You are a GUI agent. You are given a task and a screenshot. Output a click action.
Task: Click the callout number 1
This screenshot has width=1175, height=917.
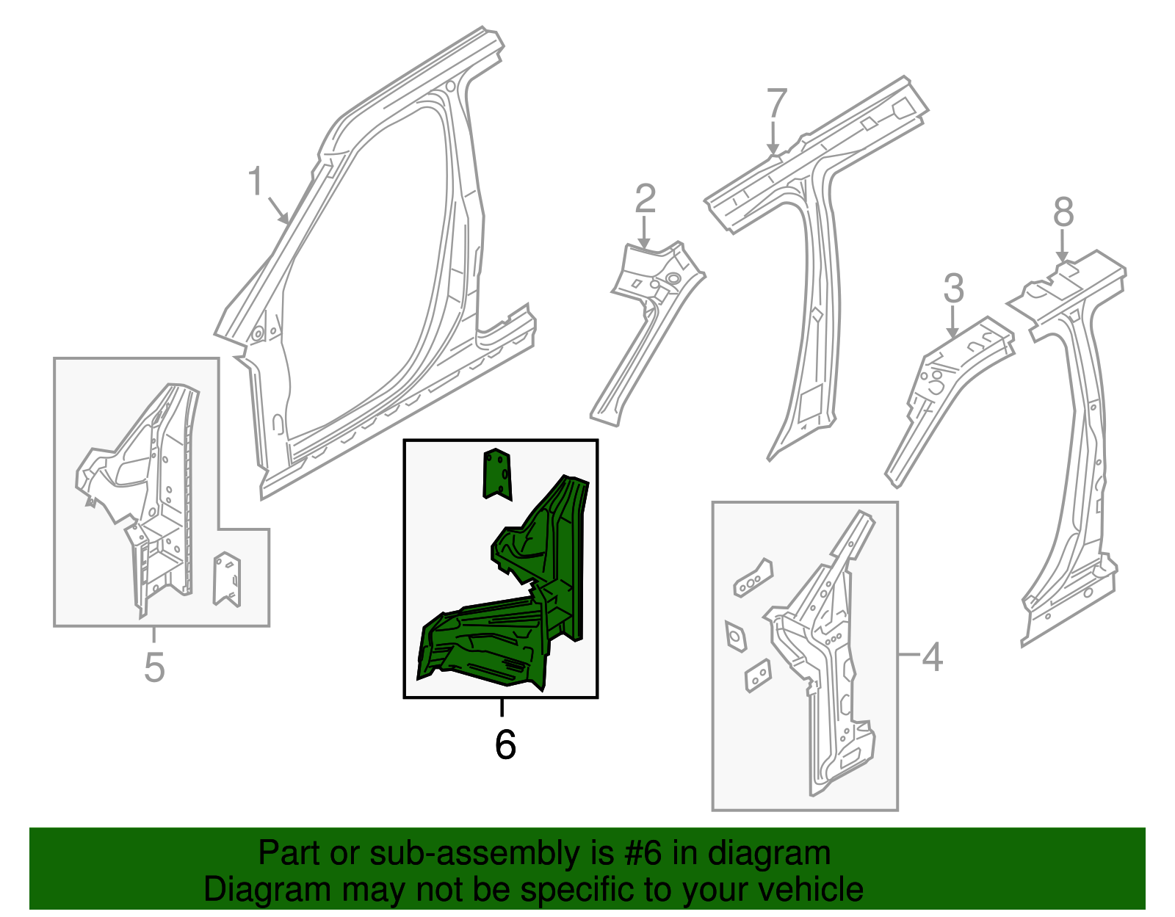click(x=255, y=181)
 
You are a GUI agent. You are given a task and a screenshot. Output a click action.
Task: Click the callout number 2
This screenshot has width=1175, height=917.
click(x=645, y=198)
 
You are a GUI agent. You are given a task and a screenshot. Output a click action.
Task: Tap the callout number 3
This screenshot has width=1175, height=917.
click(x=953, y=289)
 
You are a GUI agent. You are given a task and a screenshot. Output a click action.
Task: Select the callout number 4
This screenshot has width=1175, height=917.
click(x=931, y=656)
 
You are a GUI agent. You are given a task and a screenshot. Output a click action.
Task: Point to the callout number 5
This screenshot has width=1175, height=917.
click(x=154, y=667)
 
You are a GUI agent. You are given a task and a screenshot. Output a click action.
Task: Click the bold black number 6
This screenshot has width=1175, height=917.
click(x=505, y=744)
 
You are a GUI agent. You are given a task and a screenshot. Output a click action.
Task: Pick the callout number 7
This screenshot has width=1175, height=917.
click(x=776, y=104)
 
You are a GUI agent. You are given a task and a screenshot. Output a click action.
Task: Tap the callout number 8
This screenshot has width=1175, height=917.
click(x=1063, y=213)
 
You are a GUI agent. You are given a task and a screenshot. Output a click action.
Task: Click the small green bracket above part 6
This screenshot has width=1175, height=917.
click(x=497, y=474)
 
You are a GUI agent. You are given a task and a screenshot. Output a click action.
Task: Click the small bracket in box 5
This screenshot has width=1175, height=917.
click(x=227, y=579)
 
